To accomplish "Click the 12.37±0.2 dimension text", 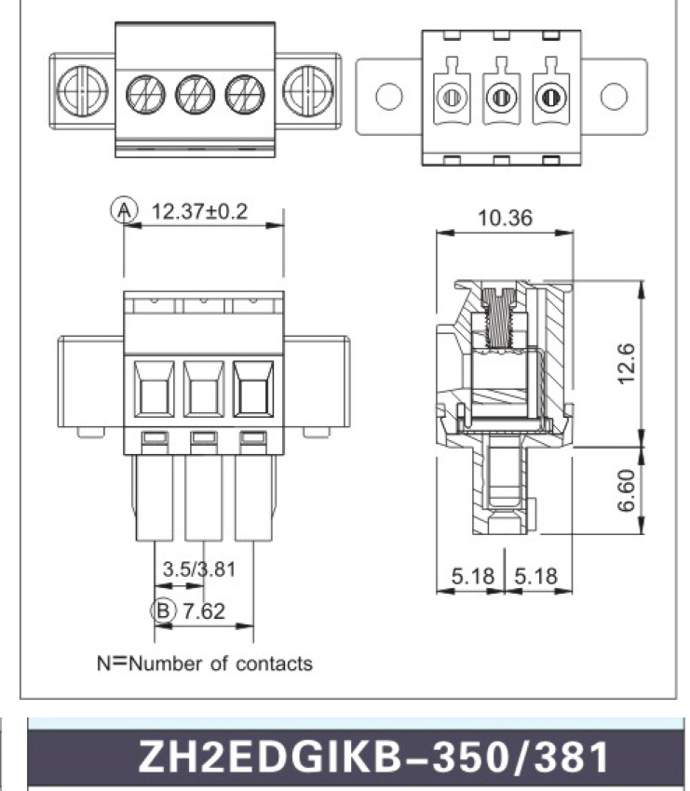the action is tap(199, 211).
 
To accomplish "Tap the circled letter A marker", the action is tap(124, 210).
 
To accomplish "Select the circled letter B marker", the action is tap(164, 610).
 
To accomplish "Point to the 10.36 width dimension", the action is tap(505, 218).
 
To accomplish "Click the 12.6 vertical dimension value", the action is tap(626, 363).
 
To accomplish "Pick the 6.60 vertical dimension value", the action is tap(626, 490).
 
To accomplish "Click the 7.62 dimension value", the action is tap(203, 611).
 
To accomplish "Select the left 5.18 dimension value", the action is tap(472, 576).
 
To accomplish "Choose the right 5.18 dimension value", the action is tap(536, 576).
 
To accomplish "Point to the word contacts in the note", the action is tap(274, 664).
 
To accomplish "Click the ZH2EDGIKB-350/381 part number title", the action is tap(373, 757).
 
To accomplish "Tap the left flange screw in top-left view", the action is tap(82, 91).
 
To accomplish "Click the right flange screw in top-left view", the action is tap(308, 91).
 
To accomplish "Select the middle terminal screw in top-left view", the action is tap(196, 94).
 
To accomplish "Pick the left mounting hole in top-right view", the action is tap(389, 96).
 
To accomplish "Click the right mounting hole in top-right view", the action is tap(614, 96).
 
